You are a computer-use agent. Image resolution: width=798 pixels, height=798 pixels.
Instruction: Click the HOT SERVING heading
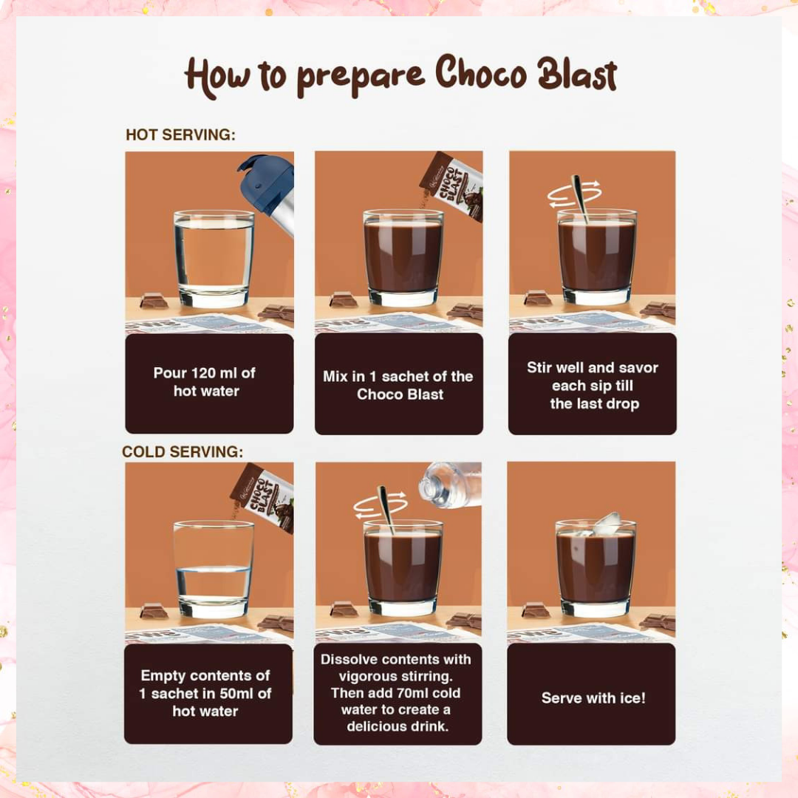point(181,135)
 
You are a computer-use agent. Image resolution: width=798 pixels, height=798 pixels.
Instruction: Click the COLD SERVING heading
point(183,452)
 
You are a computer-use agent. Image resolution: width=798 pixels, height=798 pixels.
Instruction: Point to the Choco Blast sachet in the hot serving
point(452,185)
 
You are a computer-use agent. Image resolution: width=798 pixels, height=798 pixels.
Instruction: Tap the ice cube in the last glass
point(607,523)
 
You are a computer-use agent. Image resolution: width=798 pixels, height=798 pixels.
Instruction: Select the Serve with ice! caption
point(593,698)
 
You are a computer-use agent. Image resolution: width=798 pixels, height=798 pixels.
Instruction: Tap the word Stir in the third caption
point(539,367)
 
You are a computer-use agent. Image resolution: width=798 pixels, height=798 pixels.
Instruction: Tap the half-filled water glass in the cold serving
point(214,569)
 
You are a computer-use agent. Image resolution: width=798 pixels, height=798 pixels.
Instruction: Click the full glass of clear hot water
point(214,259)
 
